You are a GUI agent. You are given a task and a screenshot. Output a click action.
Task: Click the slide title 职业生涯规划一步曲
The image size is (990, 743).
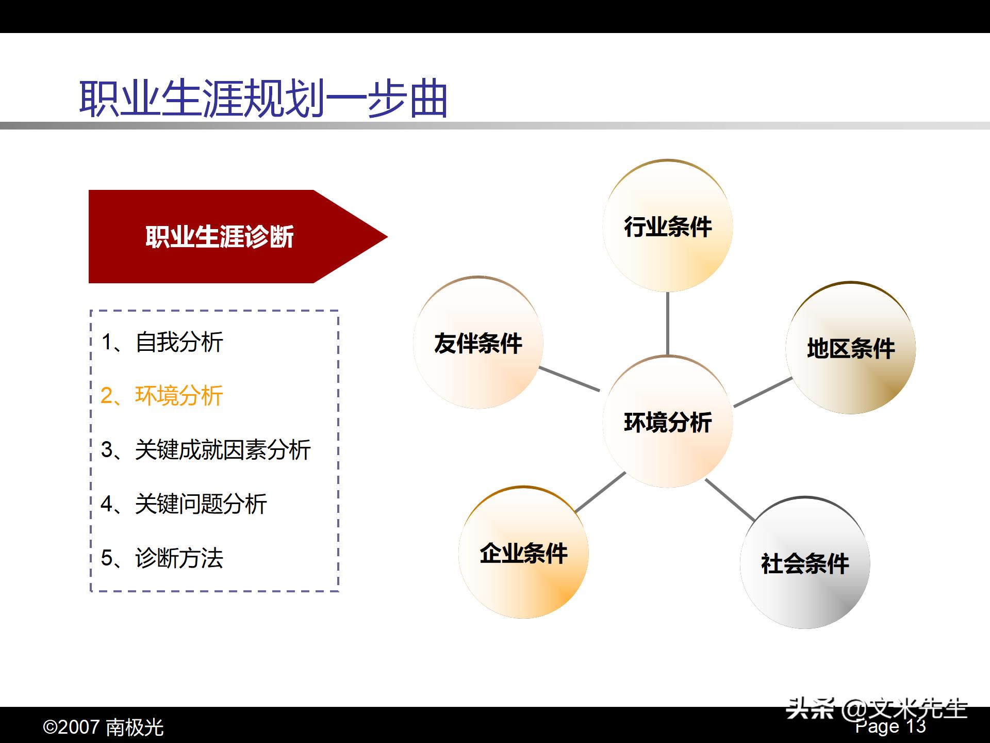click(263, 98)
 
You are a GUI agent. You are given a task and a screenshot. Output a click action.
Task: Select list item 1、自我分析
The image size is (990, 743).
click(162, 342)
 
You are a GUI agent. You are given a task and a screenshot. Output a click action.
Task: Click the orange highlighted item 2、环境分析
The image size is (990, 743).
click(162, 396)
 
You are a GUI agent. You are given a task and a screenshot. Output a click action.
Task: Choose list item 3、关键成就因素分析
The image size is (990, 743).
click(206, 450)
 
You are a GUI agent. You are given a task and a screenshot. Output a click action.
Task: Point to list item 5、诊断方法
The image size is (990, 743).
click(162, 558)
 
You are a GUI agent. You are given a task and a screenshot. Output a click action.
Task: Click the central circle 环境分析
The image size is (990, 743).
click(667, 422)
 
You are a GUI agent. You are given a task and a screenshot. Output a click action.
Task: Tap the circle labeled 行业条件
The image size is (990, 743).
click(667, 226)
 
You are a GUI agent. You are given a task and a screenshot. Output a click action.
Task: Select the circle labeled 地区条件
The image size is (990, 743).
click(850, 348)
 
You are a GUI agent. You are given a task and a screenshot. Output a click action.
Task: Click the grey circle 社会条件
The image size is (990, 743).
click(805, 563)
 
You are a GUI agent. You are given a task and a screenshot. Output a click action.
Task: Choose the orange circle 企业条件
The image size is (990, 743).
click(523, 553)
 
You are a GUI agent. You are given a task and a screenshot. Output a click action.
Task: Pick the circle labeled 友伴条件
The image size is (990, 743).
click(478, 343)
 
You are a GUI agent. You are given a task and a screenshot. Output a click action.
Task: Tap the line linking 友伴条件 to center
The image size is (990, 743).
click(569, 379)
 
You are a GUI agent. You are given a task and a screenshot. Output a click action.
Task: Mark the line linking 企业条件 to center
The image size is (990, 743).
click(600, 492)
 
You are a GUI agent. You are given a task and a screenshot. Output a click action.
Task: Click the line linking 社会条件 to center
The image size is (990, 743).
click(730, 499)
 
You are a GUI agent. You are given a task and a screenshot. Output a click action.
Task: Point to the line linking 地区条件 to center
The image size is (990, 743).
click(763, 392)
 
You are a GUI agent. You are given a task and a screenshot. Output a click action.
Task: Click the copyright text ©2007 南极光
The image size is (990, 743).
click(103, 728)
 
